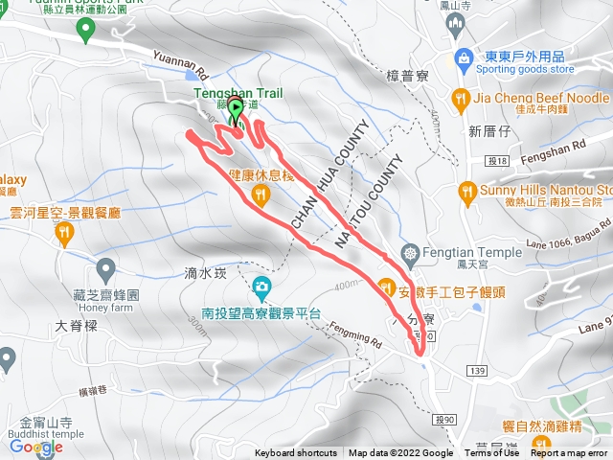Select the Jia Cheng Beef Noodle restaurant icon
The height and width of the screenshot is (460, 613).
pyautogui.click(x=462, y=97)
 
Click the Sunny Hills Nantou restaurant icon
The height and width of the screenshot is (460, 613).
pyautogui.click(x=468, y=190)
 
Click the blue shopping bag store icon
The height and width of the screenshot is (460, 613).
pyautogui.click(x=463, y=57)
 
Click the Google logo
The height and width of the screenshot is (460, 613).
pyautogui.click(x=35, y=447)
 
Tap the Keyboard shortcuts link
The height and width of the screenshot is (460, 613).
pyautogui.click(x=296, y=453)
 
